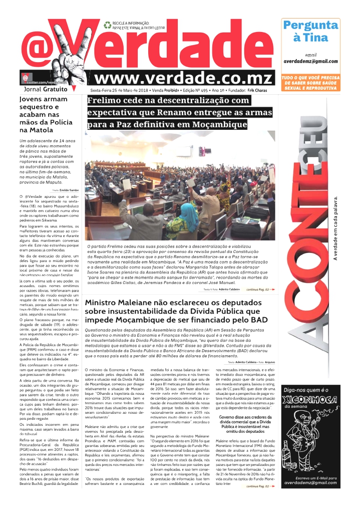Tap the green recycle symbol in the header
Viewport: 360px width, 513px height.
click(107, 25)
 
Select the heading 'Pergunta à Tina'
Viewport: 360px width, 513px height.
click(310, 31)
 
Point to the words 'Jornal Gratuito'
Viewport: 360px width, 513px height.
click(45, 89)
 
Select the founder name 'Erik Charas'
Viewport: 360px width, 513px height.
click(258, 90)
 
